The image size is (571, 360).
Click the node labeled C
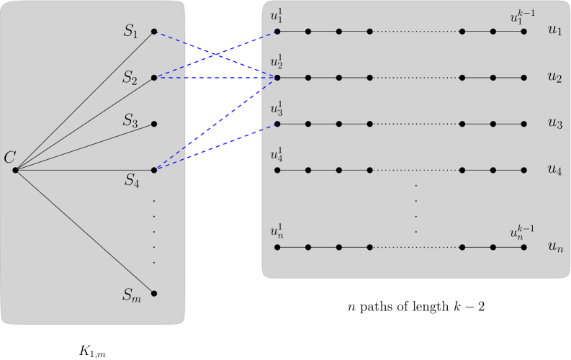[15, 170]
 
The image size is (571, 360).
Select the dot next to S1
[154, 32]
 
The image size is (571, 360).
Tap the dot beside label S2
[154, 78]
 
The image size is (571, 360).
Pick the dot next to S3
[154, 124]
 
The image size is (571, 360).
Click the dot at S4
[154, 170]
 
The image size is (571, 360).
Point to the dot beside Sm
[154, 294]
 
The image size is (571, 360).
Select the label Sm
[132, 294]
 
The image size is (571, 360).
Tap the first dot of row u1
[277, 32]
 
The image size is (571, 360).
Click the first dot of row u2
[277, 78]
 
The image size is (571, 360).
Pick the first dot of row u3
[277, 124]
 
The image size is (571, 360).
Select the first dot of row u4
[277, 170]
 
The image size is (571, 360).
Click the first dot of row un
[277, 248]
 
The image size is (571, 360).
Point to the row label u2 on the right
[554, 78]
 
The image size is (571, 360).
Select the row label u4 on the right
[554, 171]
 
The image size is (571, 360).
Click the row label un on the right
[554, 248]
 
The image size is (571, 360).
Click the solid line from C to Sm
[84, 232]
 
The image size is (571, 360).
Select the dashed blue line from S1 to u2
[216, 55]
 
